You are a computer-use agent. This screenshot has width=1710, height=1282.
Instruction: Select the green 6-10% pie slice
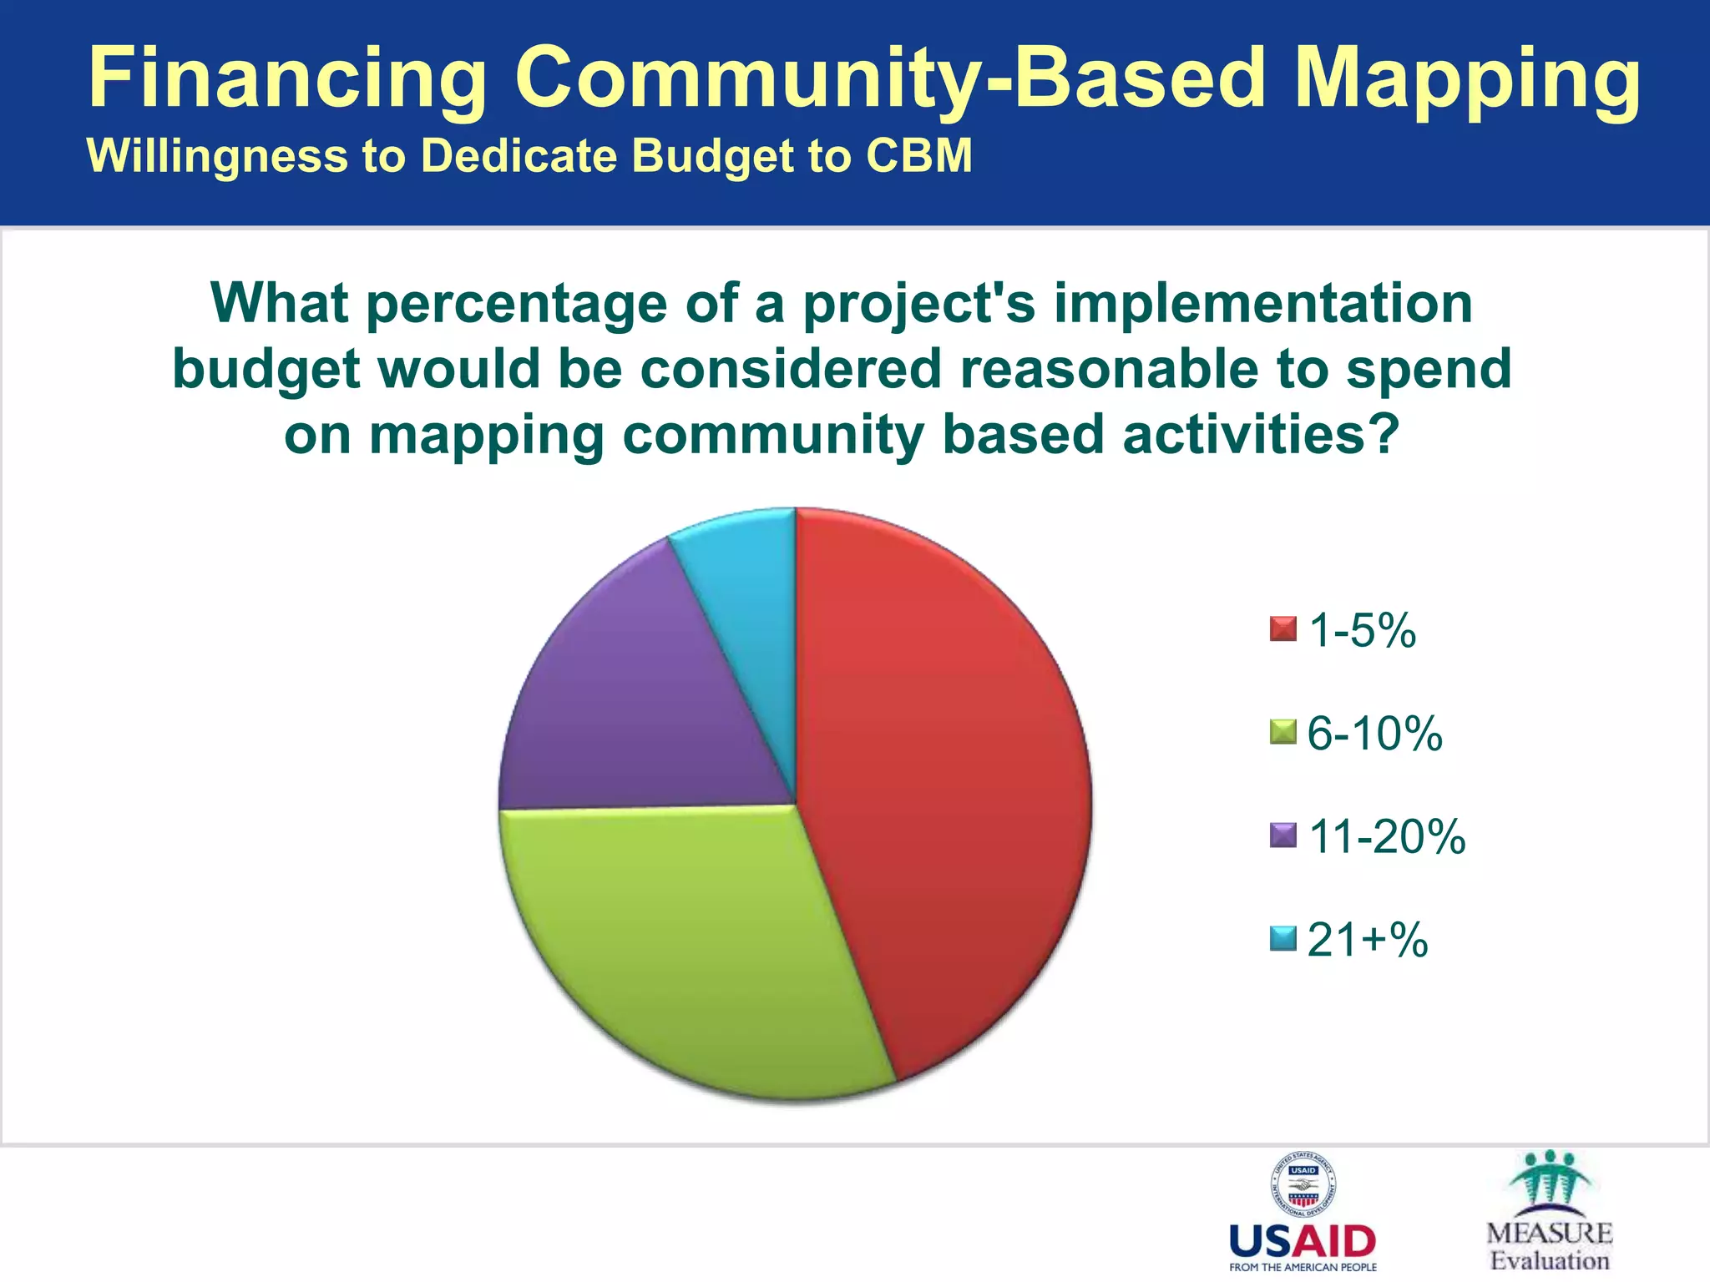pyautogui.click(x=693, y=951)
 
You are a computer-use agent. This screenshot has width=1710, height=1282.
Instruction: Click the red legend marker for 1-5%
pyautogui.click(x=1282, y=628)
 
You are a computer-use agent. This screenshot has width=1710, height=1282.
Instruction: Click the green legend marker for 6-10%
pyautogui.click(x=1282, y=732)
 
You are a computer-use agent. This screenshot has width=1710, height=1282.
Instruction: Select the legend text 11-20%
pyautogui.click(x=1386, y=836)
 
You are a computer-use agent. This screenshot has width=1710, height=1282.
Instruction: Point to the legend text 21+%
pyautogui.click(x=1367, y=940)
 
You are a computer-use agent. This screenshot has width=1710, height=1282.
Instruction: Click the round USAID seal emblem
pyautogui.click(x=1303, y=1185)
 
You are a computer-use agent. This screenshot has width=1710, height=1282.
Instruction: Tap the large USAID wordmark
pyautogui.click(x=1303, y=1242)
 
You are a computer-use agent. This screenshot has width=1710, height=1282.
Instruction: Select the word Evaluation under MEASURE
pyautogui.click(x=1550, y=1261)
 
